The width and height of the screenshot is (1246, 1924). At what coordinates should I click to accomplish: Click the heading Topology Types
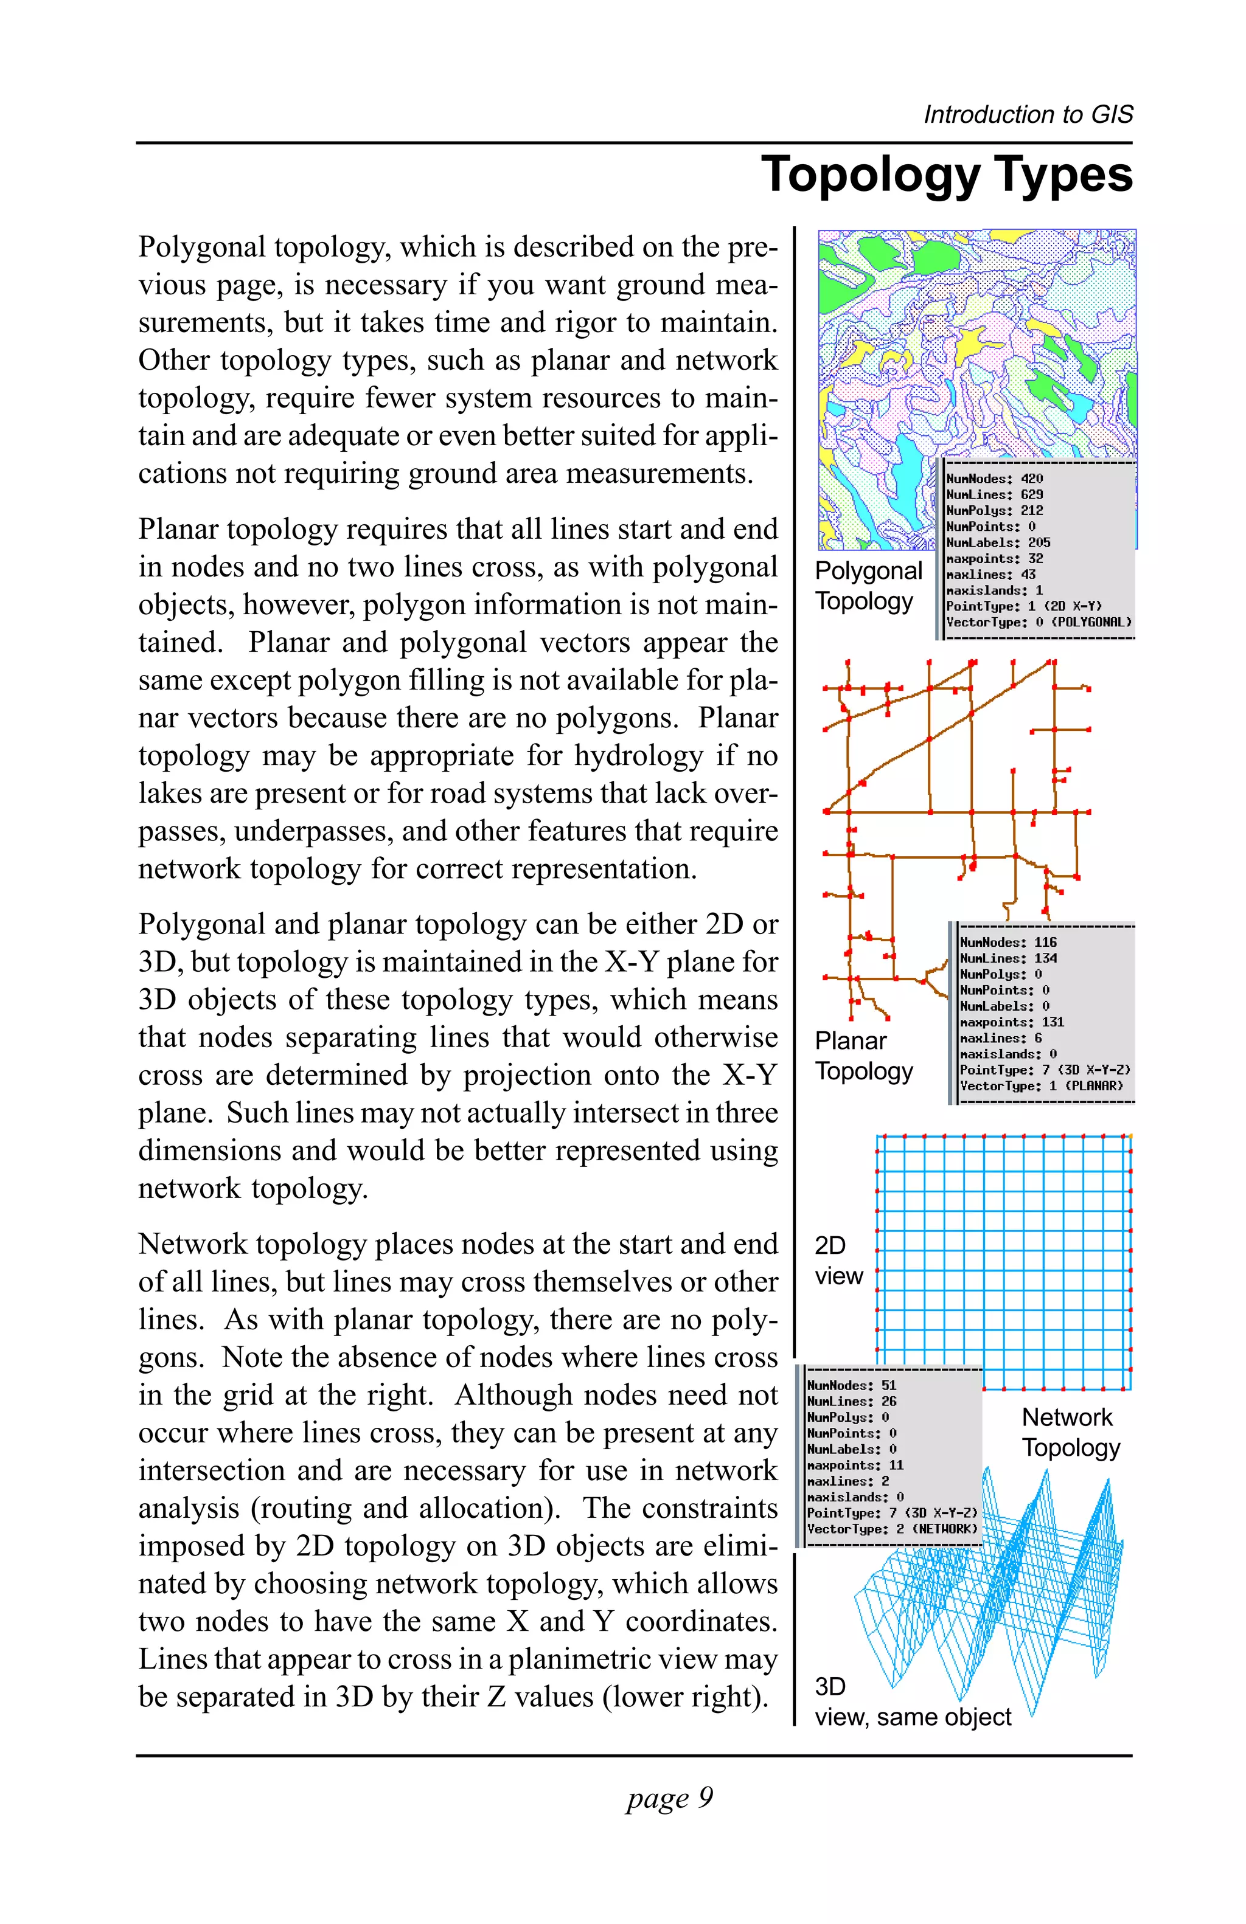pyautogui.click(x=946, y=175)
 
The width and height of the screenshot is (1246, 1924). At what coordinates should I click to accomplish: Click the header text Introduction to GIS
pyautogui.click(x=1028, y=115)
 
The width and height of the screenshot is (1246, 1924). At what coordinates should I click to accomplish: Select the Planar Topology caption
pyautogui.click(x=863, y=1055)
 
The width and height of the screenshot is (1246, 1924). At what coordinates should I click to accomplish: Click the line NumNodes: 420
pyautogui.click(x=994, y=479)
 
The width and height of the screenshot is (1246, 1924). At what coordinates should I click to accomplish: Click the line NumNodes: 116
pyautogui.click(x=1008, y=942)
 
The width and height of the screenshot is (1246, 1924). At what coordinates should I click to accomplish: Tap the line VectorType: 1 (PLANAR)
pyautogui.click(x=1040, y=1085)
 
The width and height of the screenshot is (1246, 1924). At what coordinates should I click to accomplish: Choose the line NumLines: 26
pyautogui.click(x=851, y=1401)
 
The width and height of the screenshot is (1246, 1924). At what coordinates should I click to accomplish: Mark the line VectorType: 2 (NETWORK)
pyautogui.click(x=891, y=1529)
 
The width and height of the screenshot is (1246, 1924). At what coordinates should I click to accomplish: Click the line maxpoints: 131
pyautogui.click(x=1012, y=1022)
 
